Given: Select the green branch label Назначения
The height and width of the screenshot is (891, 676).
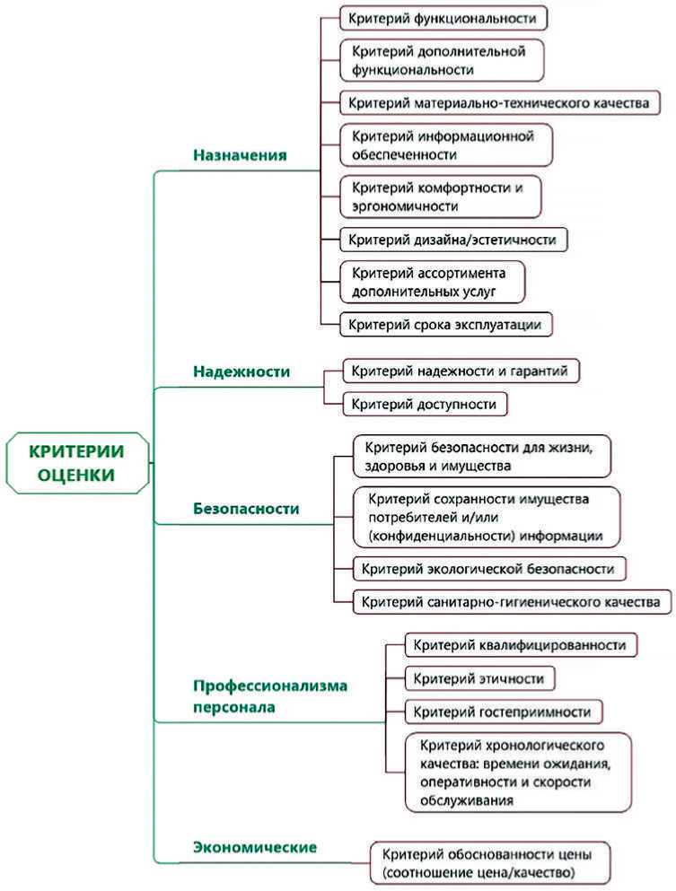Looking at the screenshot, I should [240, 155].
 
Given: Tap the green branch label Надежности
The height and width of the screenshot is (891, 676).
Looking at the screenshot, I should [241, 371].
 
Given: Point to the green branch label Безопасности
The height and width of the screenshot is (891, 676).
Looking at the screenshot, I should [246, 508].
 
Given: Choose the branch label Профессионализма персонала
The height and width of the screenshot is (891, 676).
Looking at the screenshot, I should [270, 695].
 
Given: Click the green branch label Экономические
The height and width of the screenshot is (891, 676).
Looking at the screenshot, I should [255, 846].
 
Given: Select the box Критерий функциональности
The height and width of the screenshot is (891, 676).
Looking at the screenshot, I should [443, 18].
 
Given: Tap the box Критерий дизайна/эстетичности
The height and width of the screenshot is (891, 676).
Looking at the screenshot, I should [454, 240].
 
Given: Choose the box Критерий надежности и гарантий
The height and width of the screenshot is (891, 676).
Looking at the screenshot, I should [461, 370].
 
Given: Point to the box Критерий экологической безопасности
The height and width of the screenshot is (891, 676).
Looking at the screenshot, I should [488, 568].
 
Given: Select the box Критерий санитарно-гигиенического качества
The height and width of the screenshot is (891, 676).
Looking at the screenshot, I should [511, 601].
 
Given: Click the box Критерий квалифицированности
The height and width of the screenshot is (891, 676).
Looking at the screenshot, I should [521, 644].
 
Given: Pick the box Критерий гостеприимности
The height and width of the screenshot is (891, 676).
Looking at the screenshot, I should [502, 712].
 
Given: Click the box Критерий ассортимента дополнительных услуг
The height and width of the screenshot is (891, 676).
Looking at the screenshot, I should [433, 282].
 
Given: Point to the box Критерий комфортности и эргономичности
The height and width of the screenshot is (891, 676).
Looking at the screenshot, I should [441, 197].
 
